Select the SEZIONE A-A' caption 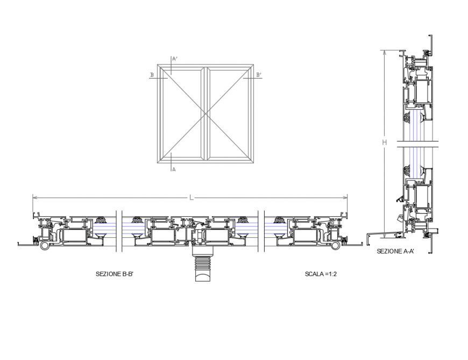tap(395, 251)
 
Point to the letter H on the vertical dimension tap(385, 143)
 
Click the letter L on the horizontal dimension tap(191, 198)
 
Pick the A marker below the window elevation tap(174, 170)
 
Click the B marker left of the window tap(152, 75)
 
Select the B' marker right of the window tap(259, 75)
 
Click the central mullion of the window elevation tap(204, 113)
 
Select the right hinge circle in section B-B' tap(336, 245)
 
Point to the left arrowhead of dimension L tap(34, 198)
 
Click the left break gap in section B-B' tap(119, 230)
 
